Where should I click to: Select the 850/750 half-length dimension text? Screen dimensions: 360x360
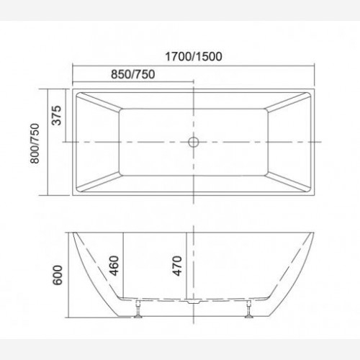tap(133, 74)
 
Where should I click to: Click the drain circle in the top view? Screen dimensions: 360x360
tap(194, 142)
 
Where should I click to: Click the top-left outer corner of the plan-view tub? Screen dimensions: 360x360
tap(73, 90)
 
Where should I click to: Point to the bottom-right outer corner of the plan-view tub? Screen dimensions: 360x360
tap(315, 194)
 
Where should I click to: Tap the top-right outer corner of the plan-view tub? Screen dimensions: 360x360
tap(315, 90)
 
